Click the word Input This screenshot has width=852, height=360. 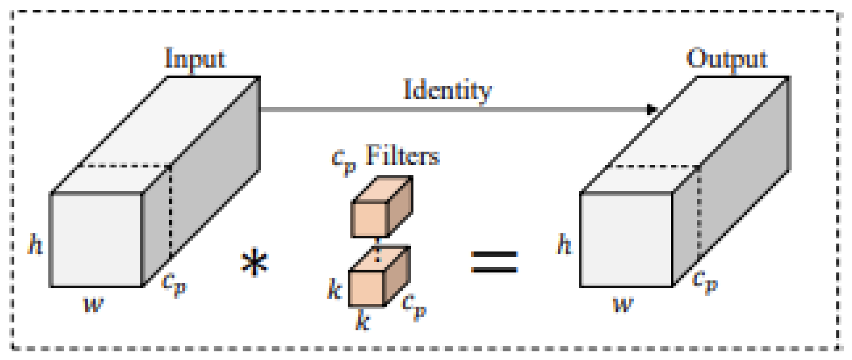point(195,59)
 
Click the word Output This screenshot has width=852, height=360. point(726,59)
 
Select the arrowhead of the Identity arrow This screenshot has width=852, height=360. point(652,109)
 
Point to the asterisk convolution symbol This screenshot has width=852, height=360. point(255,262)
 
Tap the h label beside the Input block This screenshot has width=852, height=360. point(35,245)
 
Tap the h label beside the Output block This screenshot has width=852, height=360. point(564,245)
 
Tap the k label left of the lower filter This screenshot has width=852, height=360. point(334,289)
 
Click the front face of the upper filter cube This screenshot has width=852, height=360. point(369,219)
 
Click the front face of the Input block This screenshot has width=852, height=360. point(97,240)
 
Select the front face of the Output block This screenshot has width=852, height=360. point(626,240)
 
